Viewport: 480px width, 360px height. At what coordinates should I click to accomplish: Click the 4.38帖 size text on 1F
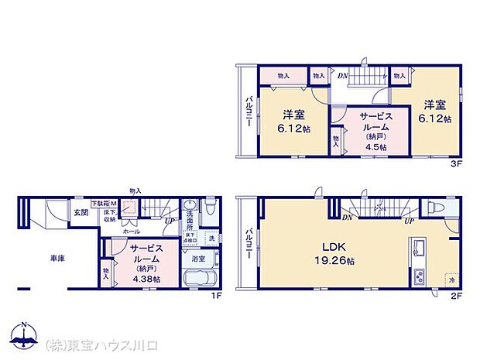145,278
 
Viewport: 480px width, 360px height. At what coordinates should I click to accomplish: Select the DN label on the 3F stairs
342,75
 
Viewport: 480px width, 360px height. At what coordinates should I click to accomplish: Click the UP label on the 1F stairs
168,221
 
